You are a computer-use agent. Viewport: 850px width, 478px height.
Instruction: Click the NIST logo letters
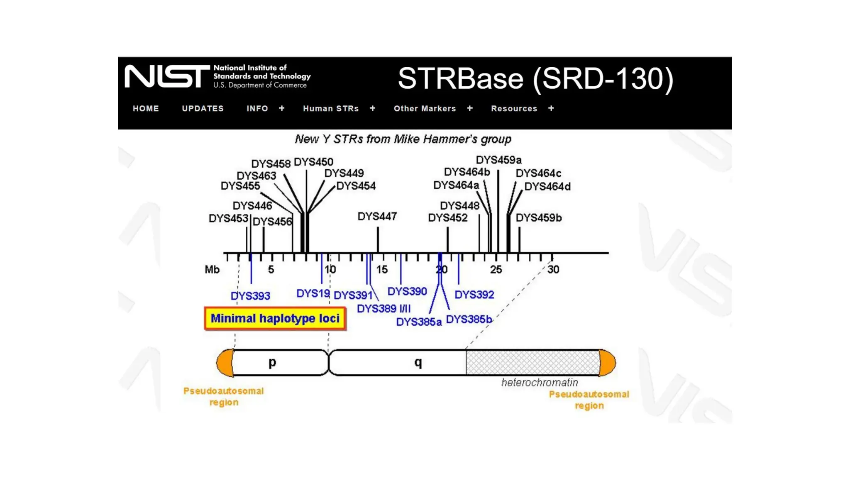pos(167,76)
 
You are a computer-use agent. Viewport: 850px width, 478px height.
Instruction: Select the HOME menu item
pos(146,109)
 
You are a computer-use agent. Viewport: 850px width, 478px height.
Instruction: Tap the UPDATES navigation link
pos(203,109)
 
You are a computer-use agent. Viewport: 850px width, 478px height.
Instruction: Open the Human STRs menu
pos(331,109)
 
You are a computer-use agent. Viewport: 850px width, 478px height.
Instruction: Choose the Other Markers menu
pos(425,109)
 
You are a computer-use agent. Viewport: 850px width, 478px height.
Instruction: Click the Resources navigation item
pos(514,109)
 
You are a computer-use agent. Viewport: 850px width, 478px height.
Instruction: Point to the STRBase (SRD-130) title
pos(535,78)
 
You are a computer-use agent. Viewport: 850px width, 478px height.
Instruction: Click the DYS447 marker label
pos(377,216)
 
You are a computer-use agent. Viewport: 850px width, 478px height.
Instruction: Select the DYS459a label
pos(498,160)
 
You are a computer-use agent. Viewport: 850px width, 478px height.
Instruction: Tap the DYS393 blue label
pos(250,296)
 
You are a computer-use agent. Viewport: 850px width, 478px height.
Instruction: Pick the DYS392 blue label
pos(474,295)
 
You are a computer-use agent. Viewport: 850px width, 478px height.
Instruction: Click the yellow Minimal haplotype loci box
pos(275,319)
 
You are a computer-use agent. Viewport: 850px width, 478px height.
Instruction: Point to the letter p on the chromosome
pos(272,363)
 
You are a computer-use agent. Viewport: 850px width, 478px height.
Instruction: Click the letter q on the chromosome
pos(418,363)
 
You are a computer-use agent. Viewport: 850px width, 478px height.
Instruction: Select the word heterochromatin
pos(539,383)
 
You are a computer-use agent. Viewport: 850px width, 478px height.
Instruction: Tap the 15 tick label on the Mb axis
pos(382,270)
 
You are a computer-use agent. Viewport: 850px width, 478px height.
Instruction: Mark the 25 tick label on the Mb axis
pos(496,270)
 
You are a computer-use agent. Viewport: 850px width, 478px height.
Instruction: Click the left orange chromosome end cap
pos(225,363)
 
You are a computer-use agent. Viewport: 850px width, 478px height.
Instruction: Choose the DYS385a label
pos(419,322)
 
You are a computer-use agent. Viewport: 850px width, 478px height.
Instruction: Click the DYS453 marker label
pos(228,218)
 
